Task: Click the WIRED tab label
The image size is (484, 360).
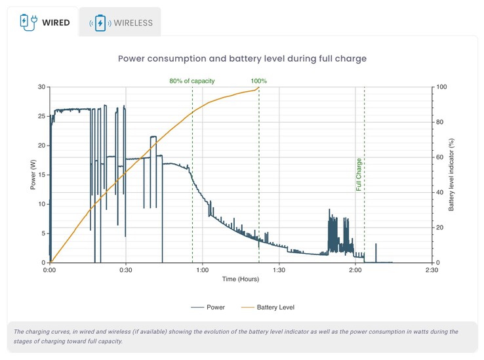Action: tap(56, 22)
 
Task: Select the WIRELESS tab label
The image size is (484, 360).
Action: tap(133, 23)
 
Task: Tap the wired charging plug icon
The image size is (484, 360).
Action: tap(27, 22)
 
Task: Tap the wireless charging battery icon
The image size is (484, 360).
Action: tap(100, 23)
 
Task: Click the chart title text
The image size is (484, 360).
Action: tap(242, 58)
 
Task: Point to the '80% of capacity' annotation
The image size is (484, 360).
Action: tap(192, 81)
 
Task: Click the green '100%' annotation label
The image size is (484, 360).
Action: tap(259, 81)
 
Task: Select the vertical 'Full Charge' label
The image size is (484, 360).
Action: tap(359, 174)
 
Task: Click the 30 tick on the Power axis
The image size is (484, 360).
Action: tap(41, 87)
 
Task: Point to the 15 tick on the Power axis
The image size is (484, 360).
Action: tap(41, 175)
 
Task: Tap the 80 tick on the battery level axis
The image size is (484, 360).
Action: tap(441, 122)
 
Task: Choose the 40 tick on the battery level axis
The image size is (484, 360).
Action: tap(441, 193)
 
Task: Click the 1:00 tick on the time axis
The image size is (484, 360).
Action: tap(203, 270)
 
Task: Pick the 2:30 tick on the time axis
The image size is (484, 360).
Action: tap(432, 270)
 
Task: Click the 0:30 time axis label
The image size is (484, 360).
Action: tap(126, 270)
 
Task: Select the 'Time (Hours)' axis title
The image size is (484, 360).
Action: tap(240, 279)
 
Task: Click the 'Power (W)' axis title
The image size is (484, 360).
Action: tap(32, 175)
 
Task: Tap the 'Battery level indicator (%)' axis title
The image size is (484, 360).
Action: tap(452, 175)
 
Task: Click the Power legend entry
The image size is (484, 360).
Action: tap(209, 307)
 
